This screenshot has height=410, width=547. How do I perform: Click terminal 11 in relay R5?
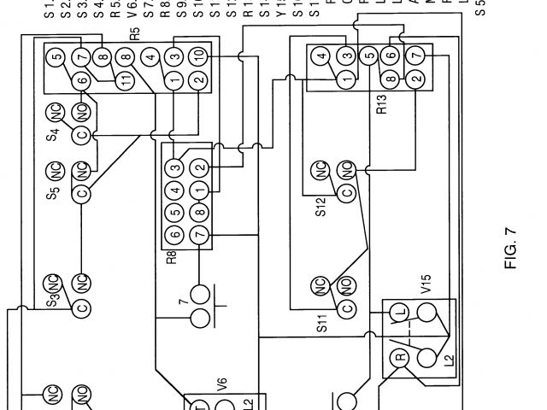click(126, 81)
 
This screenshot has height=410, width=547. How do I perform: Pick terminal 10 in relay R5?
click(198, 56)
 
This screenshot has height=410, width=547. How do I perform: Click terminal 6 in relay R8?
click(174, 235)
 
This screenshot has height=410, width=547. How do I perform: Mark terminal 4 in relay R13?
click(322, 58)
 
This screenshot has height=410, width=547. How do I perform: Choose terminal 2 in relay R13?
click(416, 80)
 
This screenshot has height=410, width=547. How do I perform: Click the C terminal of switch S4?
click(82, 135)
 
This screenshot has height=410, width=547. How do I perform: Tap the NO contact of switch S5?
click(82, 168)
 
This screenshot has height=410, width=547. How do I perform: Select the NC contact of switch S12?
click(323, 169)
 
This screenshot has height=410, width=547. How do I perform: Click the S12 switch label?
click(321, 207)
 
